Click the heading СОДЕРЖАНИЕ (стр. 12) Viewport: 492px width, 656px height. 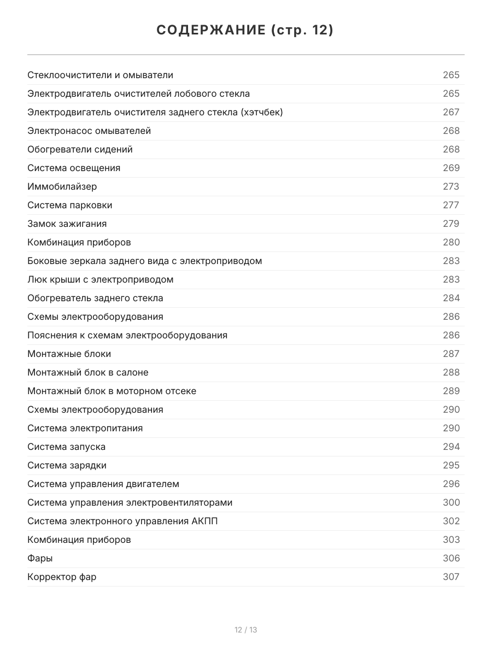245,31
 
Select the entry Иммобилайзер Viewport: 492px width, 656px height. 62,186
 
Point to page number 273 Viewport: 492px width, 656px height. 451,186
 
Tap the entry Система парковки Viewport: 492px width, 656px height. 70,205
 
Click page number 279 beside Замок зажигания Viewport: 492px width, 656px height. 451,224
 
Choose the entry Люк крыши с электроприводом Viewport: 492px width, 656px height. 101,279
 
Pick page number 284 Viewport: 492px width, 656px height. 451,298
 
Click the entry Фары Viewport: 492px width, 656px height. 40,558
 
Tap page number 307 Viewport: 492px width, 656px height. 451,577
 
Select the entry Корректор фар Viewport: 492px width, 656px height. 62,577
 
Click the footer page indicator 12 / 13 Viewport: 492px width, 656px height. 246,630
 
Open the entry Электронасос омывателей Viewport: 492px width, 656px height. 89,131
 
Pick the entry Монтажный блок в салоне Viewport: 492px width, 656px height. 88,372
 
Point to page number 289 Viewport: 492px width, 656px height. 451,391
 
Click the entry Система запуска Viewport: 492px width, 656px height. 67,447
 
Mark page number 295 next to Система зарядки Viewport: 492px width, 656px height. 451,465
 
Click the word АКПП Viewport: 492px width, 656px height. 205,521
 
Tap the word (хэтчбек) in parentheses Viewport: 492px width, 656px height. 262,112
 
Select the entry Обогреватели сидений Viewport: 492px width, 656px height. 80,149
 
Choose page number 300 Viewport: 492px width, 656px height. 451,502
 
